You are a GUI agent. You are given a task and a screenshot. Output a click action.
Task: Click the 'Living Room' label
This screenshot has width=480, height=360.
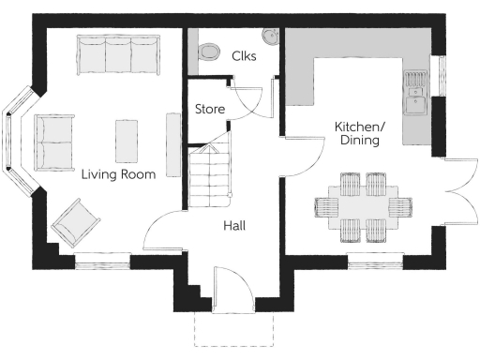[117, 173]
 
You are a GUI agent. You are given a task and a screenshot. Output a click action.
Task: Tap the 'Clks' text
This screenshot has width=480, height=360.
[245, 55]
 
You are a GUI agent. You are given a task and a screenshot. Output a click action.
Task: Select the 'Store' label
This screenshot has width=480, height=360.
[210, 110]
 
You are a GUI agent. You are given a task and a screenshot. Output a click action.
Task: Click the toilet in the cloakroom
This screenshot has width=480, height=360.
[208, 49]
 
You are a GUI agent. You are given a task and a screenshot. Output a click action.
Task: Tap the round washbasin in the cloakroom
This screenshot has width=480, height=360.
[271, 37]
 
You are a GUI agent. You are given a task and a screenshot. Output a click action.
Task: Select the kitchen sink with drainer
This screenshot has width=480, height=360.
[414, 90]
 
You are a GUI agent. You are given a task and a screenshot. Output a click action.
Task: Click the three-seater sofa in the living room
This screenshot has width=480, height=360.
[116, 54]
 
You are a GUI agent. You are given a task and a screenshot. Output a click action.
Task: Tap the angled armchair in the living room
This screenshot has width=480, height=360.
[76, 224]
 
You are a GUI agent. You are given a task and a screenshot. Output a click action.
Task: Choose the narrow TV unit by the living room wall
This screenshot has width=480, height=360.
[172, 143]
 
